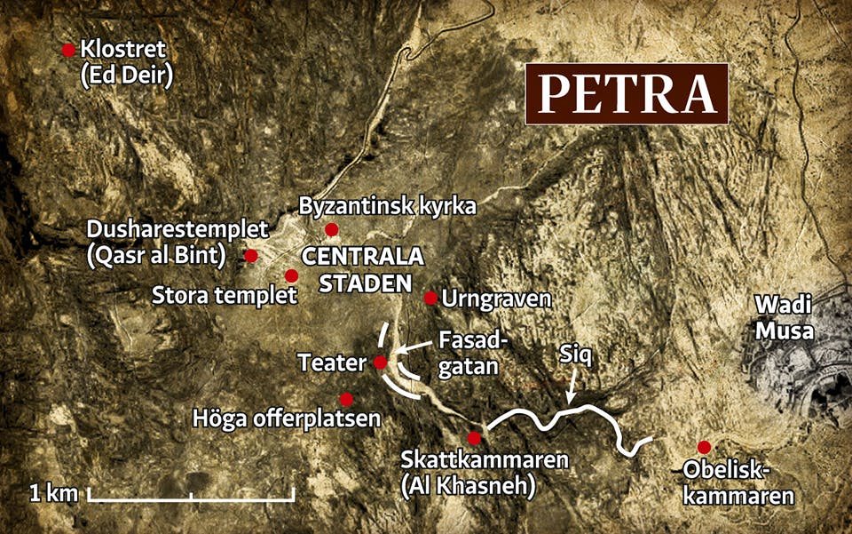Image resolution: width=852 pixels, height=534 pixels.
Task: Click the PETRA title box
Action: [x=627, y=94]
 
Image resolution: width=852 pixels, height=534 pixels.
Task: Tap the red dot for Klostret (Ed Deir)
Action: [x=68, y=51]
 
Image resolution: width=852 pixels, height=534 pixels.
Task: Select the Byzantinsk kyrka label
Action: [x=389, y=206]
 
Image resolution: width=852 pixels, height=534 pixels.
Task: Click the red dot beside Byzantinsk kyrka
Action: [x=332, y=230]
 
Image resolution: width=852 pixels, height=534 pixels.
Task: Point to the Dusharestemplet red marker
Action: [x=251, y=256]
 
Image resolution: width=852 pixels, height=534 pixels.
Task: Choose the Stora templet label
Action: [x=225, y=295]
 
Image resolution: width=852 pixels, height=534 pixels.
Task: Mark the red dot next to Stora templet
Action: [x=291, y=275]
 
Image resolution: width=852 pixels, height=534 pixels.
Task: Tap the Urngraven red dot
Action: [x=430, y=298]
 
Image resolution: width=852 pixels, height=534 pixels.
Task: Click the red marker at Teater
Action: [x=380, y=363]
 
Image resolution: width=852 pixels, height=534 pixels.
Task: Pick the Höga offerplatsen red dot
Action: [x=346, y=400]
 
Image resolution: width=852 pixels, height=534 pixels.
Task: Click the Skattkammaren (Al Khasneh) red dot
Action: [x=474, y=438]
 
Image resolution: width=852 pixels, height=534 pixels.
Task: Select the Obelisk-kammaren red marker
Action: [x=704, y=447]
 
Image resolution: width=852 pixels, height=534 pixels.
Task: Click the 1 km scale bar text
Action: [x=54, y=492]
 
